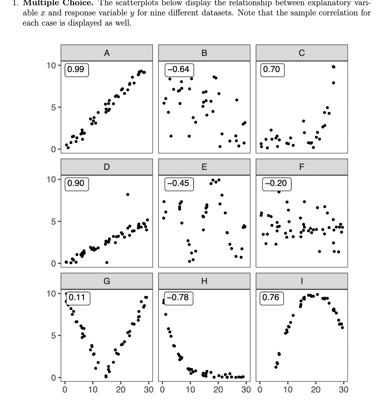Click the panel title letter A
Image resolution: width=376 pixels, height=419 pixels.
(x=107, y=53)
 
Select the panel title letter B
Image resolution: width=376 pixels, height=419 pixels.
(x=204, y=53)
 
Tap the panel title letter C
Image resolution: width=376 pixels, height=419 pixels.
(x=302, y=53)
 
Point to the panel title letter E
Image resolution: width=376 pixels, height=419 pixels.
(x=204, y=167)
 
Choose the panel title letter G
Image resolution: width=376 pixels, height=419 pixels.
(x=107, y=281)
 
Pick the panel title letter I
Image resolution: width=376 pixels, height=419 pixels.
(x=302, y=281)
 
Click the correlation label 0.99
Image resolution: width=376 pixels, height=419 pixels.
(x=76, y=69)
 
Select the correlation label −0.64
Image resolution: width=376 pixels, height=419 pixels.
(x=179, y=69)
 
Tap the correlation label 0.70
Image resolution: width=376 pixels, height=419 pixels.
(x=272, y=69)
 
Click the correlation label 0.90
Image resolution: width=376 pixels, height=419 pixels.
(x=76, y=183)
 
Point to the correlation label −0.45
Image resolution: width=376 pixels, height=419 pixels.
(x=179, y=183)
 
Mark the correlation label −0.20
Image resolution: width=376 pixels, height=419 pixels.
(x=276, y=183)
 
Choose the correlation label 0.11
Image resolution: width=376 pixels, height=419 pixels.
(x=77, y=298)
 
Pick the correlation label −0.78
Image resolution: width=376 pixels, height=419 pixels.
(x=178, y=298)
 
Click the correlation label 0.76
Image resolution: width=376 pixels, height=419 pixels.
(x=271, y=298)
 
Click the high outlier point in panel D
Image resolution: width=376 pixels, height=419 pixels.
(x=128, y=194)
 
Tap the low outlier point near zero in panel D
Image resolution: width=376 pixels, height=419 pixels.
(x=107, y=263)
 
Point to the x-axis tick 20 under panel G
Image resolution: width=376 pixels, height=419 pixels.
(x=121, y=390)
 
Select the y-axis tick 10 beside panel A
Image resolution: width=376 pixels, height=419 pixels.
(x=51, y=65)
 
